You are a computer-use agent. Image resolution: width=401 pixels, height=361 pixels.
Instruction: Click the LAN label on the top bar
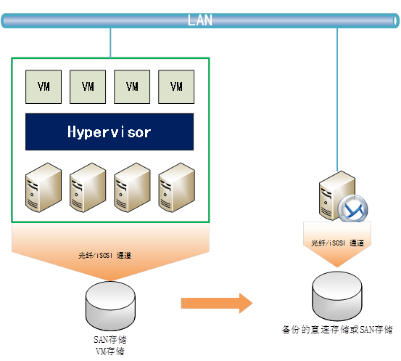[x=200, y=20]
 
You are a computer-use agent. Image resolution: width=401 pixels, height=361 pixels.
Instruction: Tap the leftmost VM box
[x=44, y=87]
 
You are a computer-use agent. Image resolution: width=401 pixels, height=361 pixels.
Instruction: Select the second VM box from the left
[x=88, y=87]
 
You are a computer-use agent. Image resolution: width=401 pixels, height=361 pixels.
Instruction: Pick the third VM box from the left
[x=132, y=87]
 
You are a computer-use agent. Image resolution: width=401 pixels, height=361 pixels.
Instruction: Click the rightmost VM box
[x=176, y=87]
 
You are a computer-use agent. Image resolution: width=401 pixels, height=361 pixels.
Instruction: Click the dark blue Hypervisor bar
[x=109, y=131]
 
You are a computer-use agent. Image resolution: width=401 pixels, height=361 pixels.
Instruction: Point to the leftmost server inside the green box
[x=44, y=187]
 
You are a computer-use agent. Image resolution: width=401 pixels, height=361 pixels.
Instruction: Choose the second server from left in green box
[x=88, y=187]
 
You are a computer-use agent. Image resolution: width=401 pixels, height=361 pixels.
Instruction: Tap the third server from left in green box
[x=132, y=187]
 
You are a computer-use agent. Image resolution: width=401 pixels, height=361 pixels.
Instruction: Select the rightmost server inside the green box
[x=177, y=187]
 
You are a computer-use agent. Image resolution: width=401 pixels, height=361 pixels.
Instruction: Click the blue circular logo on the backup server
[x=353, y=208]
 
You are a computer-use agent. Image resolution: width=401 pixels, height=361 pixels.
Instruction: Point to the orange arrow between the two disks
[x=217, y=304]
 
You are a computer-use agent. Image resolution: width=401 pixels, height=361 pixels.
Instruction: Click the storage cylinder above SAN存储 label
[x=110, y=307]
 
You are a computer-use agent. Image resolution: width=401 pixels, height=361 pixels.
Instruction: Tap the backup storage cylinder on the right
[x=337, y=296]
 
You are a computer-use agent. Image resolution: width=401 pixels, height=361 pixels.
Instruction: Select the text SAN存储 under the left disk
[x=110, y=340]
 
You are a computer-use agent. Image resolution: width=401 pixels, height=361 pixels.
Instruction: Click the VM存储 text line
[x=110, y=351]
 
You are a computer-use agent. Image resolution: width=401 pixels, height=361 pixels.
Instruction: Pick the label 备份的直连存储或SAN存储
[x=337, y=330]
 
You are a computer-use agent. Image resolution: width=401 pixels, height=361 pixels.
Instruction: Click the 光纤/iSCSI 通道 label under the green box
[x=105, y=256]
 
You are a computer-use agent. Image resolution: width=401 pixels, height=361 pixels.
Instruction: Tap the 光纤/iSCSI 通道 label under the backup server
[x=338, y=243]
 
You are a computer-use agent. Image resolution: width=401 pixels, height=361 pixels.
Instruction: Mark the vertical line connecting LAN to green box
[x=110, y=43]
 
